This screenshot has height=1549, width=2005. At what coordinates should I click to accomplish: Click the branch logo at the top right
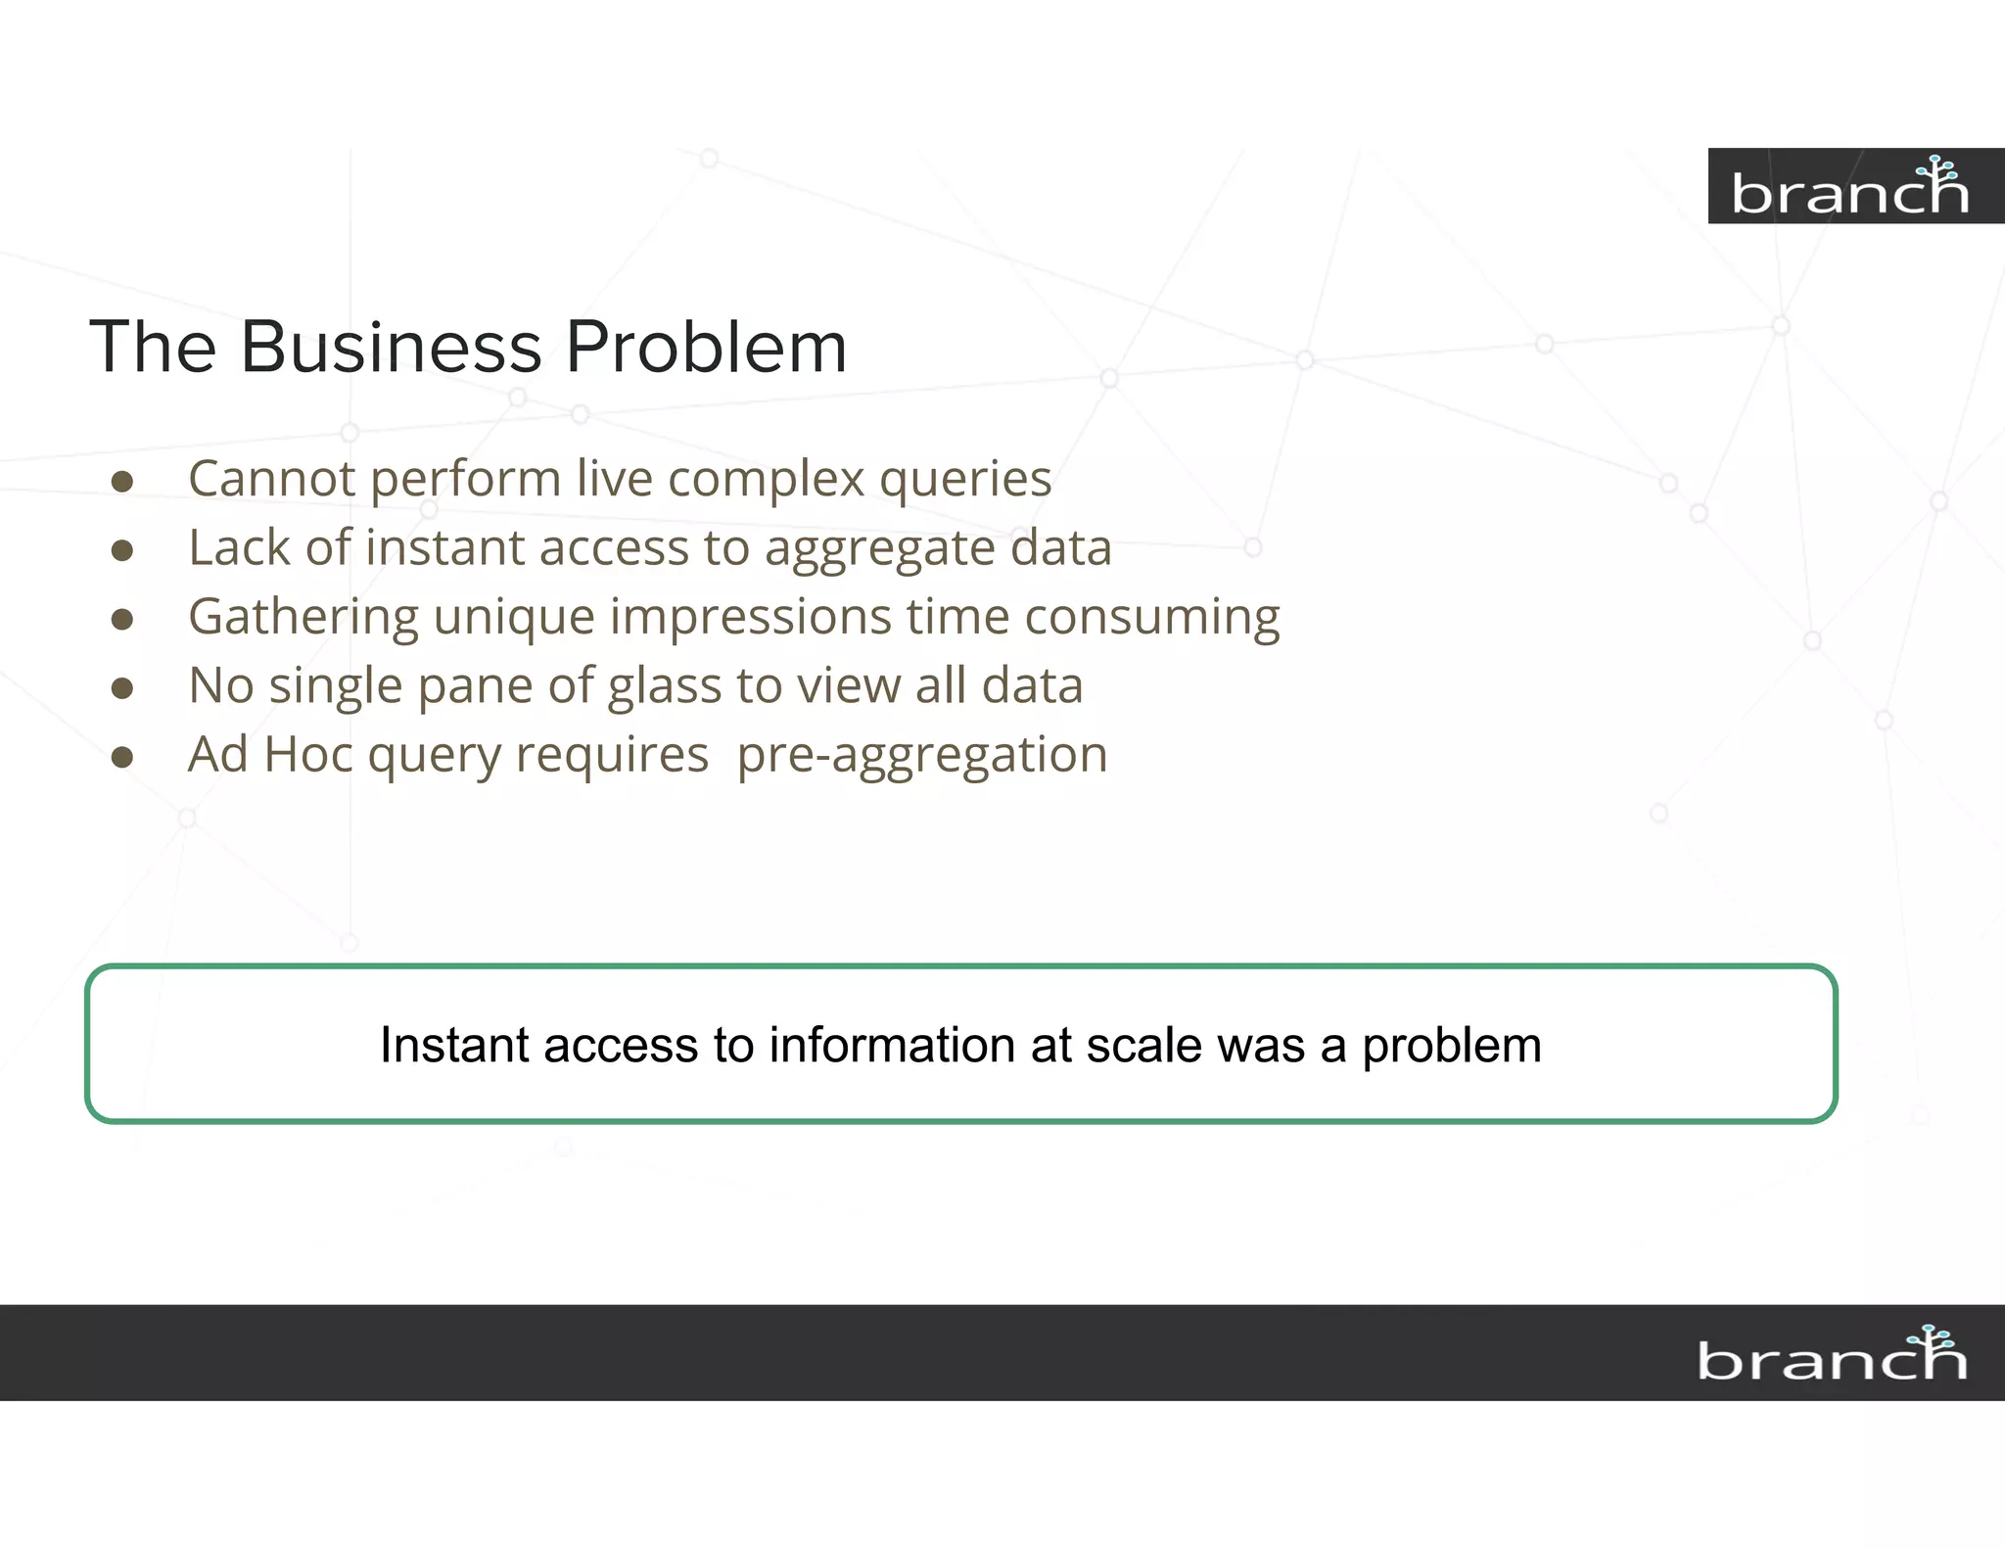click(x=1849, y=187)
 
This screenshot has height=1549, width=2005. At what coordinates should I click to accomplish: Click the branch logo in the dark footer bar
click(x=1832, y=1355)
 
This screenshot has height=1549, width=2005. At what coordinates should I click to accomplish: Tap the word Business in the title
click(x=391, y=347)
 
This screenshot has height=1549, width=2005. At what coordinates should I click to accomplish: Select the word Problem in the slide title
click(x=706, y=347)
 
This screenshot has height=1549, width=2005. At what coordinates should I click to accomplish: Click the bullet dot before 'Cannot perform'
click(x=122, y=481)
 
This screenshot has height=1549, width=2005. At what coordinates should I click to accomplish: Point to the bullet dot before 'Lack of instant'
click(x=122, y=550)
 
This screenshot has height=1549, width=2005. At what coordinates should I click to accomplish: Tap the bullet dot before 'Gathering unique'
click(x=122, y=619)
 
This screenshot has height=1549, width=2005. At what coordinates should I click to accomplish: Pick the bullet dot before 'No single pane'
click(x=122, y=688)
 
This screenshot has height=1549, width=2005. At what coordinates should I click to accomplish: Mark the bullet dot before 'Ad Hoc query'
click(x=122, y=757)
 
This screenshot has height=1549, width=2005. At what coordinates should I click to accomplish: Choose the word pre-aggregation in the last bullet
click(x=921, y=755)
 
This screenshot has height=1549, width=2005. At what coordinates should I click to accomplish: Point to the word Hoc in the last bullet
click(x=307, y=755)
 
